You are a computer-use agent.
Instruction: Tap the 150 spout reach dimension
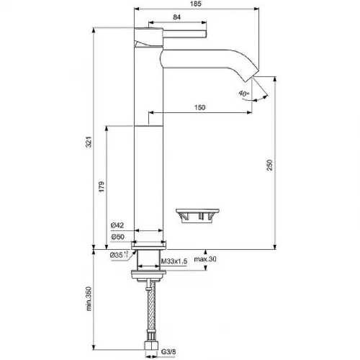point(200,107)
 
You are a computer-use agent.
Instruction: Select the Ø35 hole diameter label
point(118,255)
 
